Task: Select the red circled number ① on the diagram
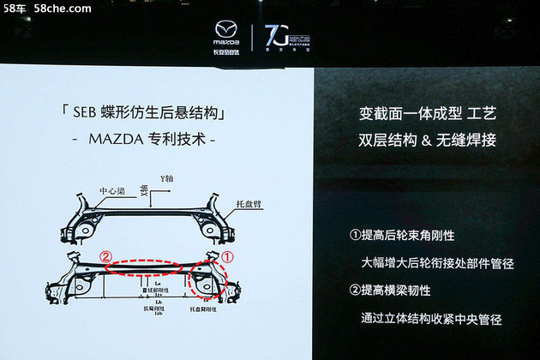click(228, 255)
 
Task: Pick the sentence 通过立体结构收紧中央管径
click(433, 319)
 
